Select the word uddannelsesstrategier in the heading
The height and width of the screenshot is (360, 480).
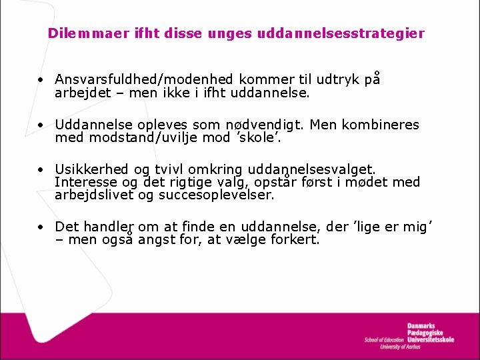click(360, 33)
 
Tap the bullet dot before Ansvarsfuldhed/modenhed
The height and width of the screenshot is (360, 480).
click(41, 79)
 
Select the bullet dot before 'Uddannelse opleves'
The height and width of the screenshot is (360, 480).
click(41, 125)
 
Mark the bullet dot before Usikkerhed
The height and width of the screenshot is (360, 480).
click(41, 170)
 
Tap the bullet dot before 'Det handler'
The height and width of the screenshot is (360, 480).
click(41, 227)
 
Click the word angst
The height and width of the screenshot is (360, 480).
click(157, 240)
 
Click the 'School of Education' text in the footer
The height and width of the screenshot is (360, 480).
click(384, 340)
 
